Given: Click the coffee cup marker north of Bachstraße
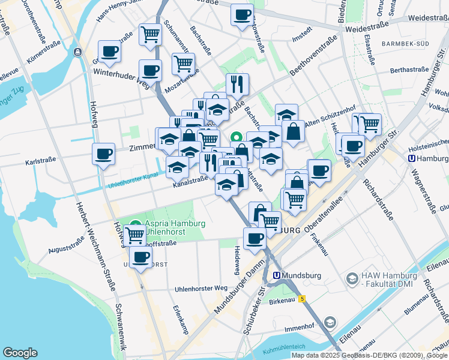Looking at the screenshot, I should pos(242,15).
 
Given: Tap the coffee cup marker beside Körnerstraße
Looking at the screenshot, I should pos(109,52).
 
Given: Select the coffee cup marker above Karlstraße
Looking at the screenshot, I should pos(103,154).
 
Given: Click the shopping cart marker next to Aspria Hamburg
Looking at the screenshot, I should pos(134,235).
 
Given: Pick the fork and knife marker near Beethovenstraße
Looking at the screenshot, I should pos(237,84).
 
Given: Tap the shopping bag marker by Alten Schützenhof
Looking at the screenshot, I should pos(293,131).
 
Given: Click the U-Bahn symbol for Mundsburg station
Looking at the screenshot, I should pos(277,275).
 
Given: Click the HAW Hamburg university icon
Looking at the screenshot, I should pos(351,278).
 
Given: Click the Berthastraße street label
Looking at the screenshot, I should pos(408,70).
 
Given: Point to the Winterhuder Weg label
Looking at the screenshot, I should pos(121,79).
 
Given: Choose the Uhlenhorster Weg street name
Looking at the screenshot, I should pos(201,289).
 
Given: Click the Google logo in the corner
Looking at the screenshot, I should pos(20,353).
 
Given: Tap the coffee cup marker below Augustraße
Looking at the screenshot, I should pos(141,259).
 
